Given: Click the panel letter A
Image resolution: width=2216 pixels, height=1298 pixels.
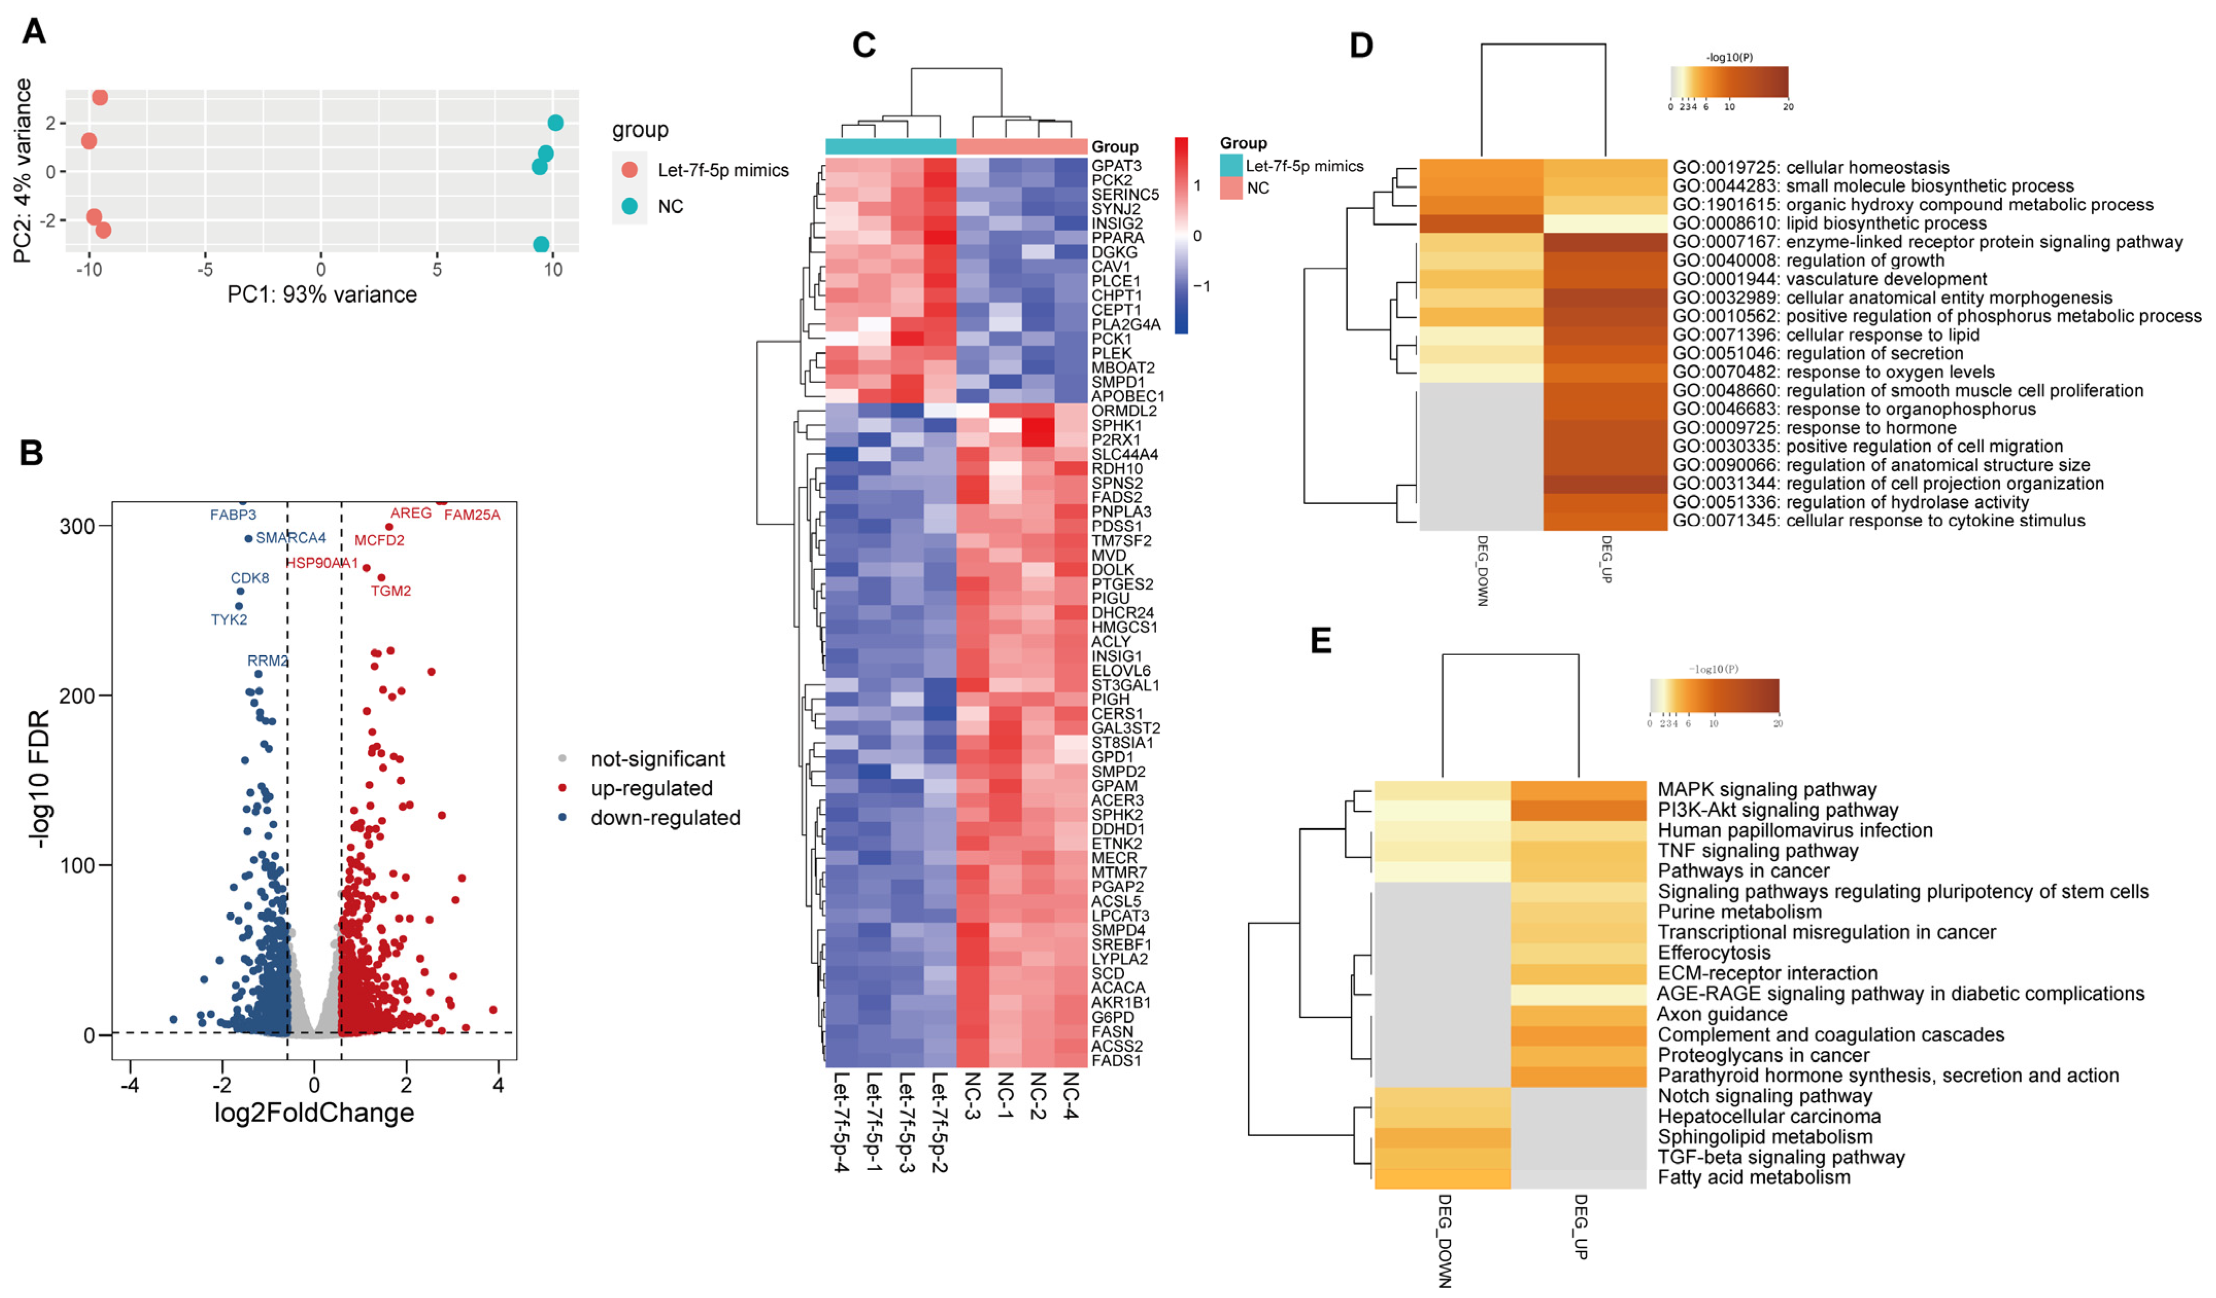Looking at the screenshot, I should tap(33, 31).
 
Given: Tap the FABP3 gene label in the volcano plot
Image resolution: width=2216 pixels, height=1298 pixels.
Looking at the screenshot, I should tap(233, 515).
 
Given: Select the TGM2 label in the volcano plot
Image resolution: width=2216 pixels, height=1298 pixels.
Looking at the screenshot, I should tap(390, 591).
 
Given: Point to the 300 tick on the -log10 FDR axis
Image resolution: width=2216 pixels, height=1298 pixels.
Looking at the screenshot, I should tap(77, 526).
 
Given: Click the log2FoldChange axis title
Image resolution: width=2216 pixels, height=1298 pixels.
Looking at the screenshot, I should tap(314, 1113).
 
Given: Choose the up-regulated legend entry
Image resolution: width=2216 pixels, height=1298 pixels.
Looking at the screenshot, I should tap(651, 788).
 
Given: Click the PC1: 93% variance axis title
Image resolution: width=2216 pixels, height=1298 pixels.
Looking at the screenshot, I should tap(322, 295).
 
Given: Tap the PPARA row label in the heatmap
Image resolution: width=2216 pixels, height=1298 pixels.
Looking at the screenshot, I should tap(1118, 237).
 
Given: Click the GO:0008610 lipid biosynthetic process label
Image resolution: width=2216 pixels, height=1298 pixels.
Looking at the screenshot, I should tap(1829, 224).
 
